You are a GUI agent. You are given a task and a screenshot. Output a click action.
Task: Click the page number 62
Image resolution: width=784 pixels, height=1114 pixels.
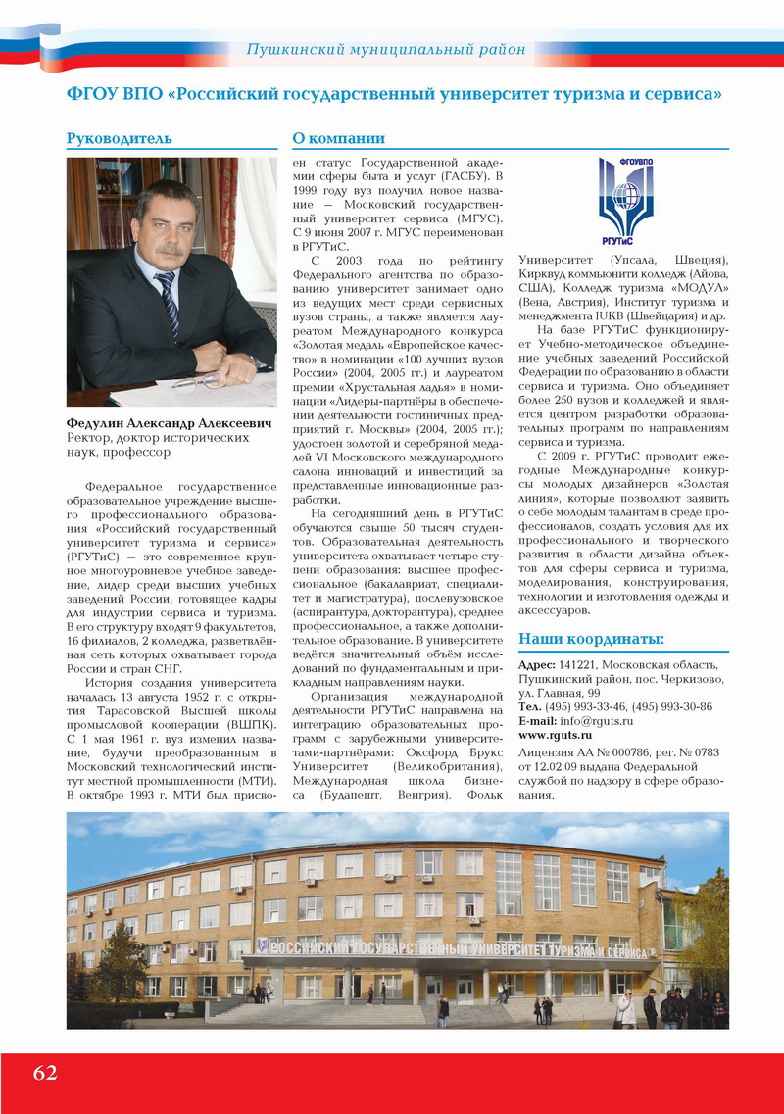45,1073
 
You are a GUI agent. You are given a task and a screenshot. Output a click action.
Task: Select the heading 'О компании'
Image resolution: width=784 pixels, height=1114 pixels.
339,138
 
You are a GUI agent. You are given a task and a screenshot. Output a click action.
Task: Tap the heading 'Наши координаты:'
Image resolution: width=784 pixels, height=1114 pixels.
591,639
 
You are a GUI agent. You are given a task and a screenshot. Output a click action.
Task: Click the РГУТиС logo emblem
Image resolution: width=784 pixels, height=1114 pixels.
625,200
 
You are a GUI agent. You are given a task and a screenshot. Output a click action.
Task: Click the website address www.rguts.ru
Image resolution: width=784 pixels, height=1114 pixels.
555,734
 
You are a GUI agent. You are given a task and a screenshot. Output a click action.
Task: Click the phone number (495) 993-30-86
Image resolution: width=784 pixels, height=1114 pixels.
671,706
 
